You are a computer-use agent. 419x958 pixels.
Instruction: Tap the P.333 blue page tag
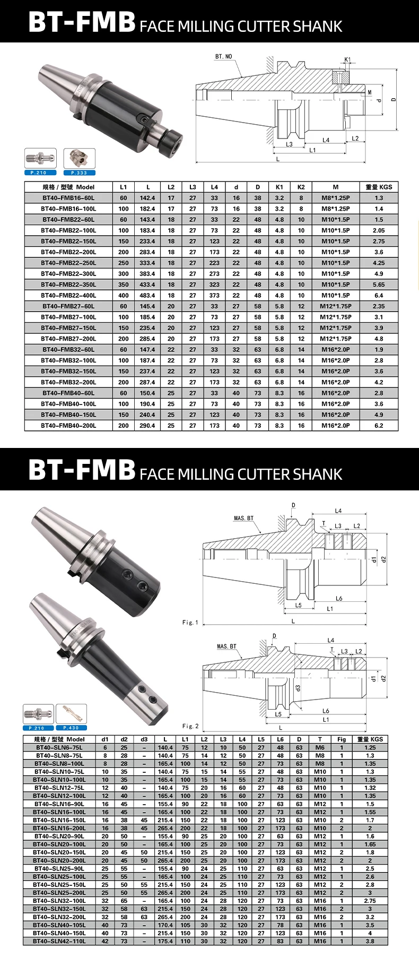tap(79, 172)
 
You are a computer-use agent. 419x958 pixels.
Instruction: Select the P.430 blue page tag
tap(71, 728)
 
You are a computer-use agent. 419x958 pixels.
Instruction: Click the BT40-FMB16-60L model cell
tap(68, 198)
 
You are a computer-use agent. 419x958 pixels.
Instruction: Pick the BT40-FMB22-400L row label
tap(68, 296)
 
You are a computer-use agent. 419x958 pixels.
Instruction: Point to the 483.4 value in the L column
tap(147, 296)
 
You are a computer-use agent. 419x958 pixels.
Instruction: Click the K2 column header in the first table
tap(301, 187)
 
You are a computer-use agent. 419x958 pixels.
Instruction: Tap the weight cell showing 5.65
tap(378, 284)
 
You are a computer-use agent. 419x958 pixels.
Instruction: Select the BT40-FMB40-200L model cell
tap(68, 426)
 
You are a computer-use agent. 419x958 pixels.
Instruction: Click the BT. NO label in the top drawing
tap(223, 56)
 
